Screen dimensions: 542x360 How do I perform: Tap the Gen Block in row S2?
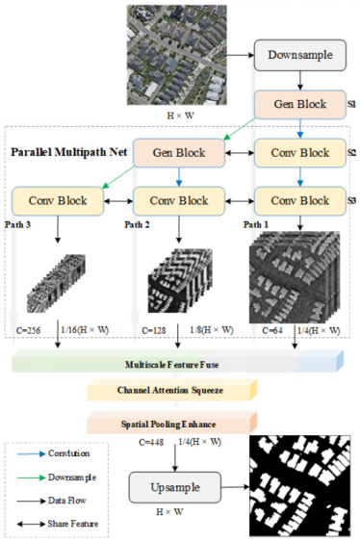[175, 153]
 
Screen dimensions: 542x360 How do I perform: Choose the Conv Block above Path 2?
[176, 202]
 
